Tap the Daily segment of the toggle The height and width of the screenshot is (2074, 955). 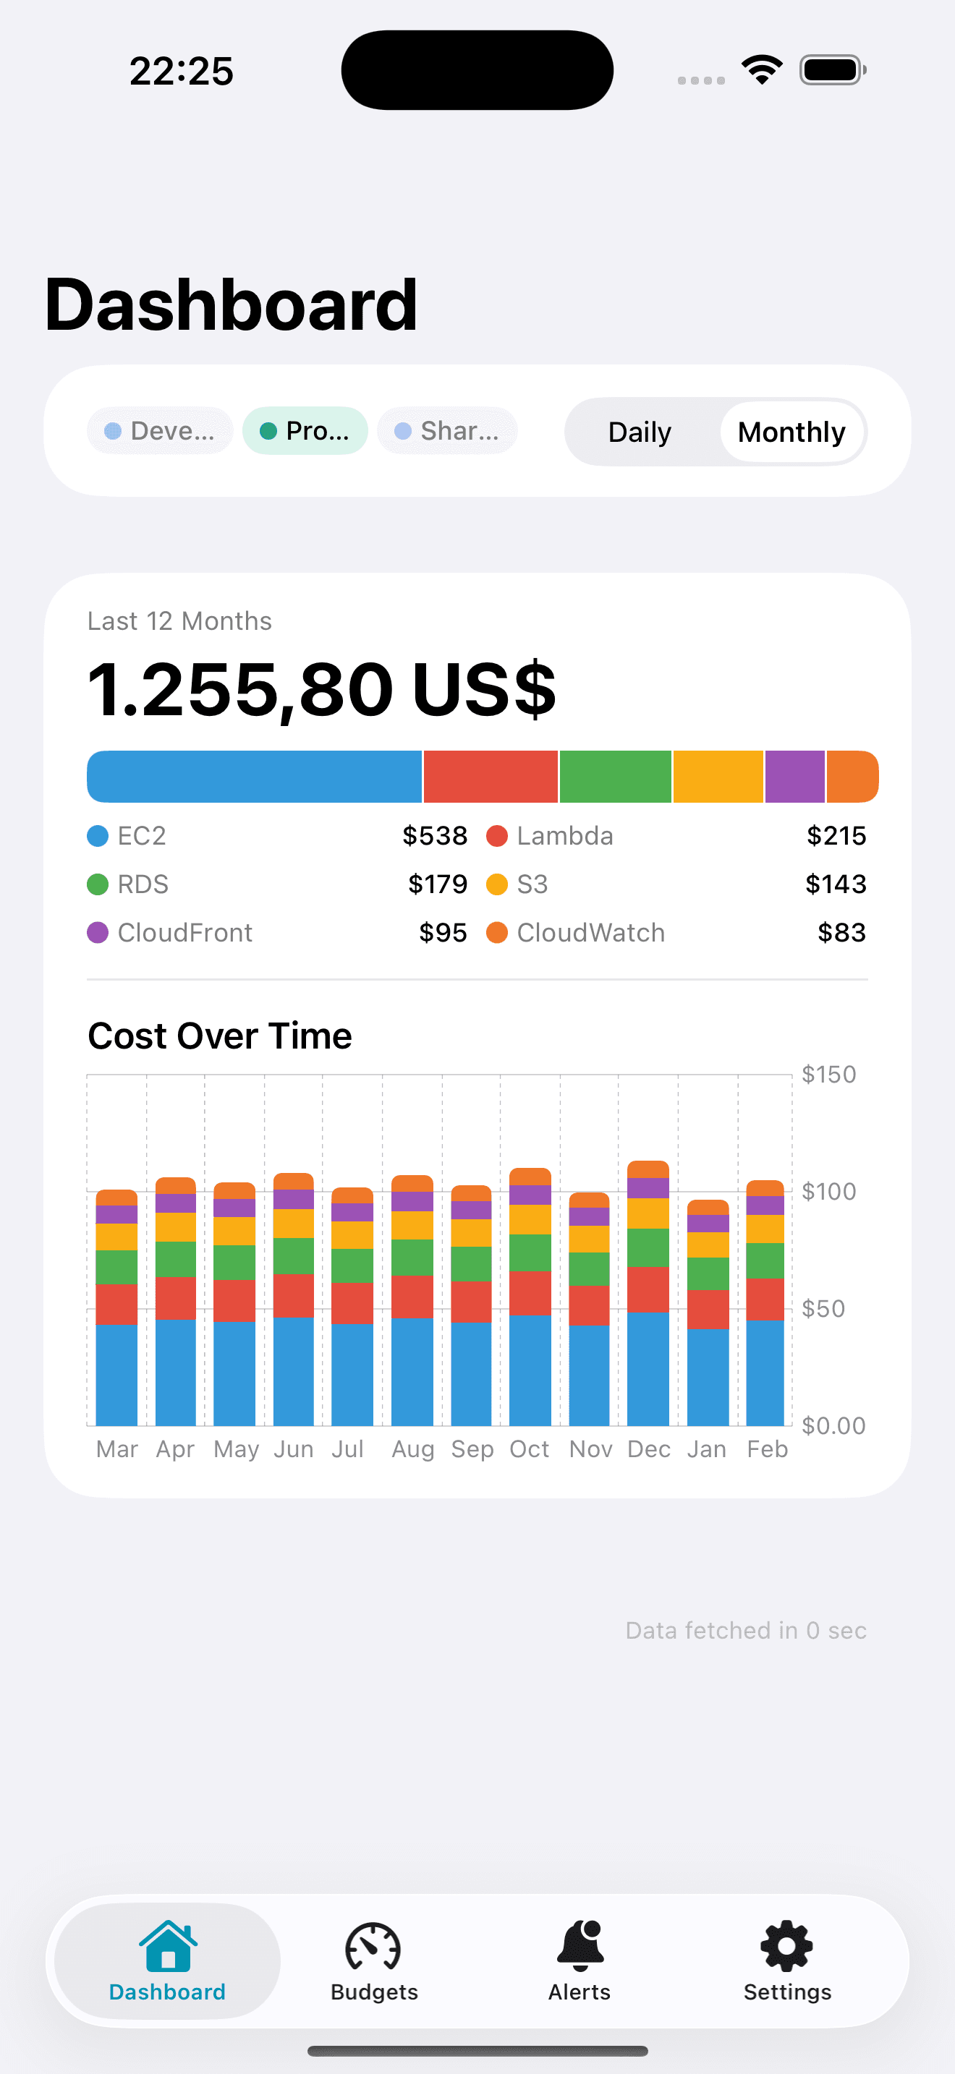pos(640,432)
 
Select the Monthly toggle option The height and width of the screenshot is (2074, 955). pos(791,432)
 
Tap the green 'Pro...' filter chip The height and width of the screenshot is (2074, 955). pos(305,431)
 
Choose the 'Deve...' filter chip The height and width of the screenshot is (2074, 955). pos(160,431)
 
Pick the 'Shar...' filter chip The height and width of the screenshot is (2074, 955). pos(447,431)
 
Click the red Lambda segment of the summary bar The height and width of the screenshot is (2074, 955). pos(491,777)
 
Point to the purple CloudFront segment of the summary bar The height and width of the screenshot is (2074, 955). pos(795,777)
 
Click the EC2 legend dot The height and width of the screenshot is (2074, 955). pos(98,836)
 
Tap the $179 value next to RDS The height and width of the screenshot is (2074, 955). pos(437,884)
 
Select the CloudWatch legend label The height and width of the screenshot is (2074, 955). pos(590,932)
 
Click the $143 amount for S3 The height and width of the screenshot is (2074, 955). pos(836,884)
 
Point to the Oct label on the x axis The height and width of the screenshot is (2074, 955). pos(529,1449)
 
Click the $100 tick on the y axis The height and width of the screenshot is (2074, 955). pos(828,1192)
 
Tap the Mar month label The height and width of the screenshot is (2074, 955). pos(116,1449)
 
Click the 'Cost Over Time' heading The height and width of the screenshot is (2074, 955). pos(220,1036)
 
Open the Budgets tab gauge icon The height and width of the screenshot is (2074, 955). pos(373,1946)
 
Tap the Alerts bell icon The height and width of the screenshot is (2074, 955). pos(580,1945)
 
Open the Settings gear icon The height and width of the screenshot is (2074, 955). pos(786,1946)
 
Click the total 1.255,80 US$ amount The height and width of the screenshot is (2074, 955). pos(321,689)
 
